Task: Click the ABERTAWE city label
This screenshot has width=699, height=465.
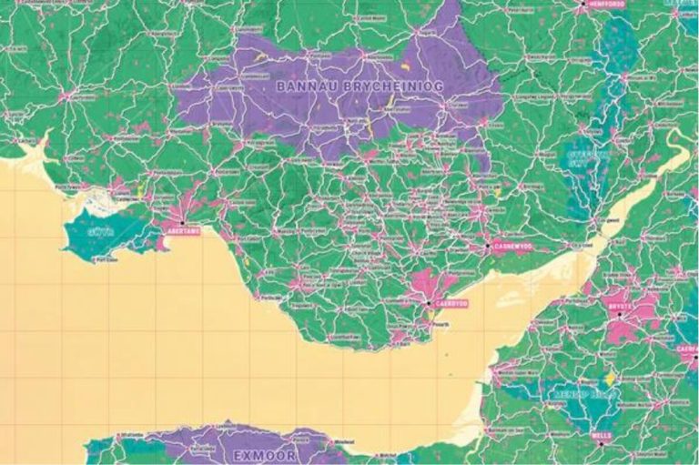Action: [179, 232]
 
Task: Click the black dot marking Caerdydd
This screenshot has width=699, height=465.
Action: [429, 302]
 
